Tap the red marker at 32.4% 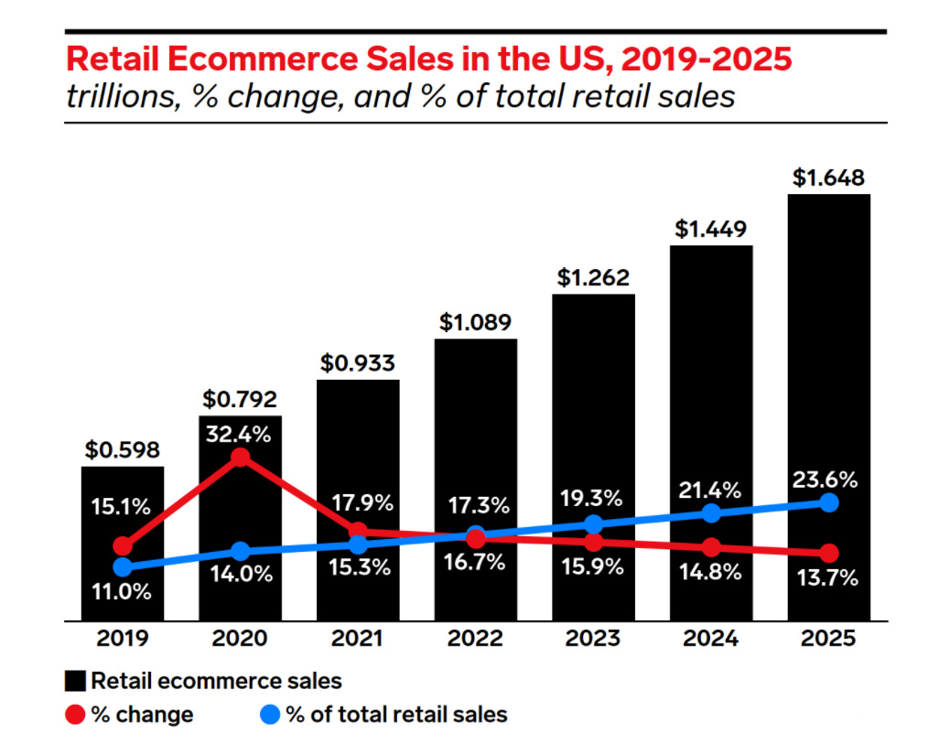pyautogui.click(x=240, y=458)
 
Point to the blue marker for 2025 pyautogui.click(x=828, y=502)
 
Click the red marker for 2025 pyautogui.click(x=828, y=554)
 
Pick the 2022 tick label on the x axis pyautogui.click(x=475, y=638)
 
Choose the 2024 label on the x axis pyautogui.click(x=711, y=638)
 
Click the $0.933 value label pyautogui.click(x=358, y=362)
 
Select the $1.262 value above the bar pyautogui.click(x=593, y=276)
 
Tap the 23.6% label pyautogui.click(x=828, y=480)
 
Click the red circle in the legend pyautogui.click(x=76, y=714)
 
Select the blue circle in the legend pyautogui.click(x=271, y=714)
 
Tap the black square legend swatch pyautogui.click(x=76, y=681)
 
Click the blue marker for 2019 pyautogui.click(x=122, y=567)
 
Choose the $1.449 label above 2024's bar pyautogui.click(x=711, y=229)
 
